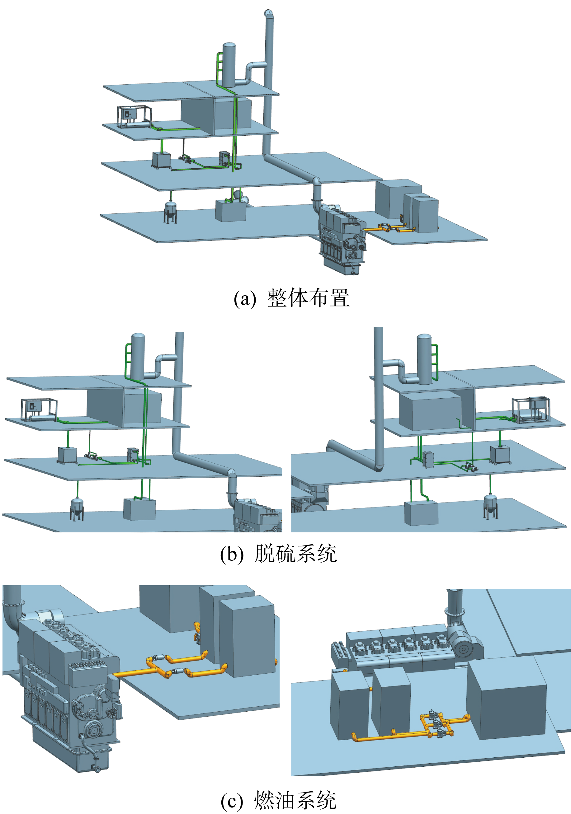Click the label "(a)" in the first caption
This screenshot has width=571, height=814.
click(244, 298)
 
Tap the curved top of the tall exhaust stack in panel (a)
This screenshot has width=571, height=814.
click(268, 13)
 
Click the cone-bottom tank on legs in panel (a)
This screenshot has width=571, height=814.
click(170, 212)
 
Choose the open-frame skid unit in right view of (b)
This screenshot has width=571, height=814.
click(531, 410)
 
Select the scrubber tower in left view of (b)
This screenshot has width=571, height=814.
click(138, 356)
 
